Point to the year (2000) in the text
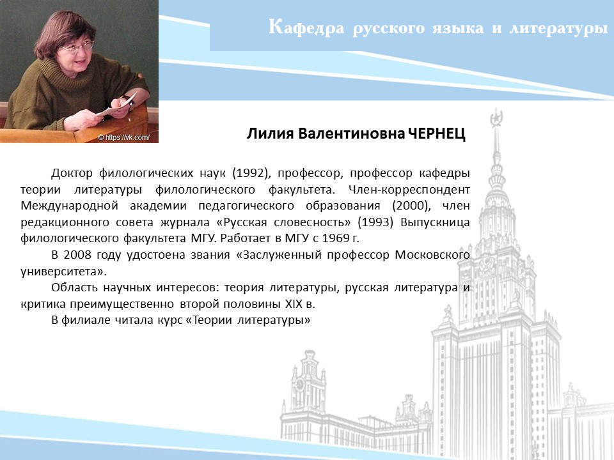tap(411, 206)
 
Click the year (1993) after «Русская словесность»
tap(375, 222)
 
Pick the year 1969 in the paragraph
tap(334, 238)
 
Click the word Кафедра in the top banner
tap(306, 27)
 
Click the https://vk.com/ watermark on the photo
tap(123, 137)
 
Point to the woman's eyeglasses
tap(77, 47)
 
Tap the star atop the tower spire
tap(496, 117)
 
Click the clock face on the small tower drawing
tap(301, 385)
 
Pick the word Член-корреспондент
tap(409, 190)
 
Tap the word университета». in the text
tap(63, 272)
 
